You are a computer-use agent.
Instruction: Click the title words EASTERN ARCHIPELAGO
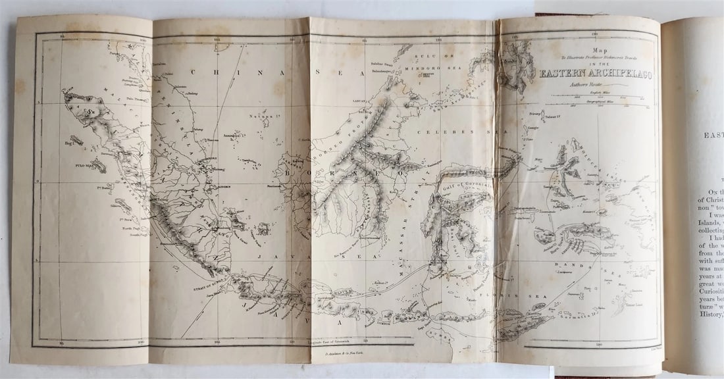(x=596, y=74)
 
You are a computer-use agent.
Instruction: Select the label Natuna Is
(x=261, y=116)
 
